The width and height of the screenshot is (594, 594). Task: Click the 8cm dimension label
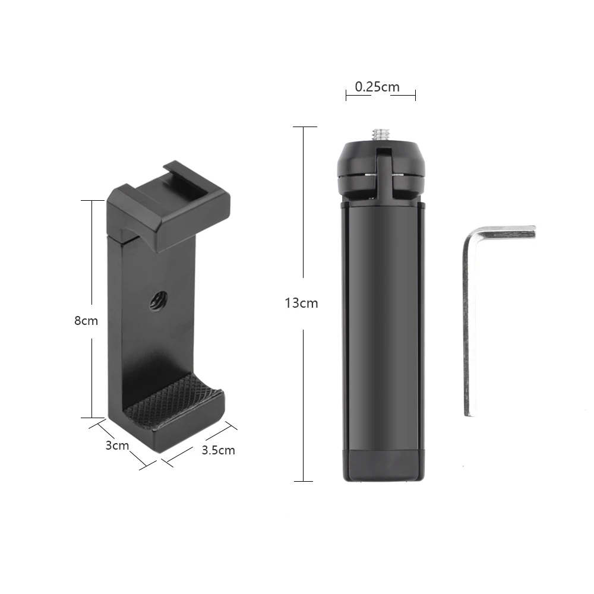pos(86,321)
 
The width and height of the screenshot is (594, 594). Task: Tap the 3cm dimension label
pos(117,445)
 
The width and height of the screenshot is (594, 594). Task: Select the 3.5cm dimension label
pos(218,450)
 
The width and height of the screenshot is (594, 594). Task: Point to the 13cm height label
pos(302,303)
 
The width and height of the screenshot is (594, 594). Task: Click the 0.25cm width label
pos(377,87)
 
